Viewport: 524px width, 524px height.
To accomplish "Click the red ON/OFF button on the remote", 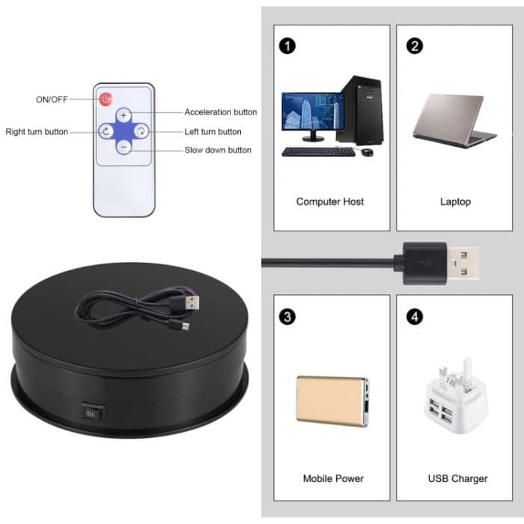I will [x=106, y=98].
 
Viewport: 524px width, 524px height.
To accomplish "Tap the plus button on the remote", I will [x=124, y=115].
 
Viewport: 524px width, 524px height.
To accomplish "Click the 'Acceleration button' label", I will [x=221, y=112].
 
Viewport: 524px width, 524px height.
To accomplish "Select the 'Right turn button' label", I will [x=37, y=132].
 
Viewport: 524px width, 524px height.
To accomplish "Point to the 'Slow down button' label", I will [x=218, y=150].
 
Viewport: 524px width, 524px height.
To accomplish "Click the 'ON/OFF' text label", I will [x=51, y=99].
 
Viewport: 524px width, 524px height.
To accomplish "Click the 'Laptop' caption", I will [x=455, y=201].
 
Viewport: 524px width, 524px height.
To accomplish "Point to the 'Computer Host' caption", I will [x=331, y=201].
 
